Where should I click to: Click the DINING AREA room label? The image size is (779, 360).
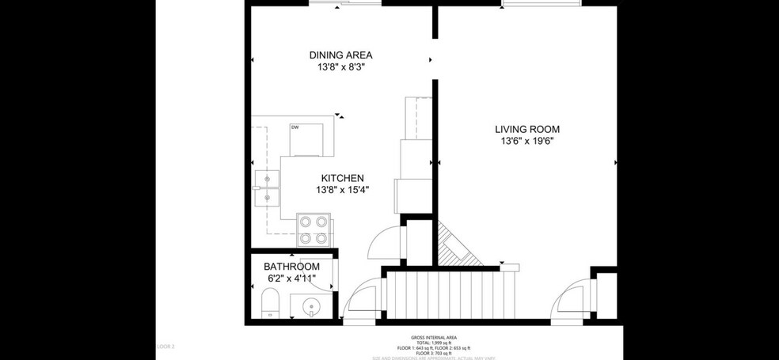pos(340,55)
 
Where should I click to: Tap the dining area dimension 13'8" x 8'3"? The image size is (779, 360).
pos(340,67)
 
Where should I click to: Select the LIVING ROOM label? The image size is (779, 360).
pos(527,129)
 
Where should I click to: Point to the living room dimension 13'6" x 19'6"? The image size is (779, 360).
pos(527,142)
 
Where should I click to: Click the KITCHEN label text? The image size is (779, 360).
pos(342,178)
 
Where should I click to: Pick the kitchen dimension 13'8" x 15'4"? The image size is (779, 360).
pos(342,190)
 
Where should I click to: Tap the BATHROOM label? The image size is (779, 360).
pos(291,267)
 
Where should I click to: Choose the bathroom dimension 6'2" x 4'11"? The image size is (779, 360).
pos(291,279)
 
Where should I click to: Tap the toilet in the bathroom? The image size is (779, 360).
pos(270,303)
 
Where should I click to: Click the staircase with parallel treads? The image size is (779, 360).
pos(449,294)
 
